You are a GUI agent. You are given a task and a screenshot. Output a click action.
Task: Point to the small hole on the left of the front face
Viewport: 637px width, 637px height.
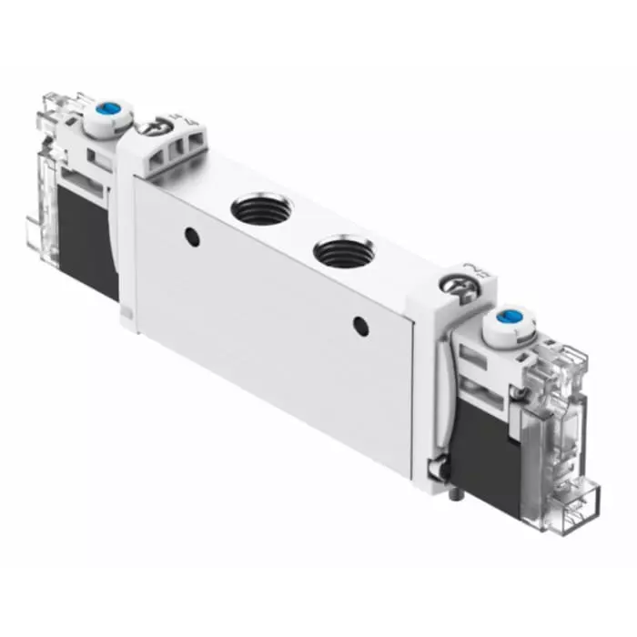click(x=191, y=237)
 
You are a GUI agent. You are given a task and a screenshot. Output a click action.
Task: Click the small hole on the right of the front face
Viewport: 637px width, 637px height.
click(x=361, y=324)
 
